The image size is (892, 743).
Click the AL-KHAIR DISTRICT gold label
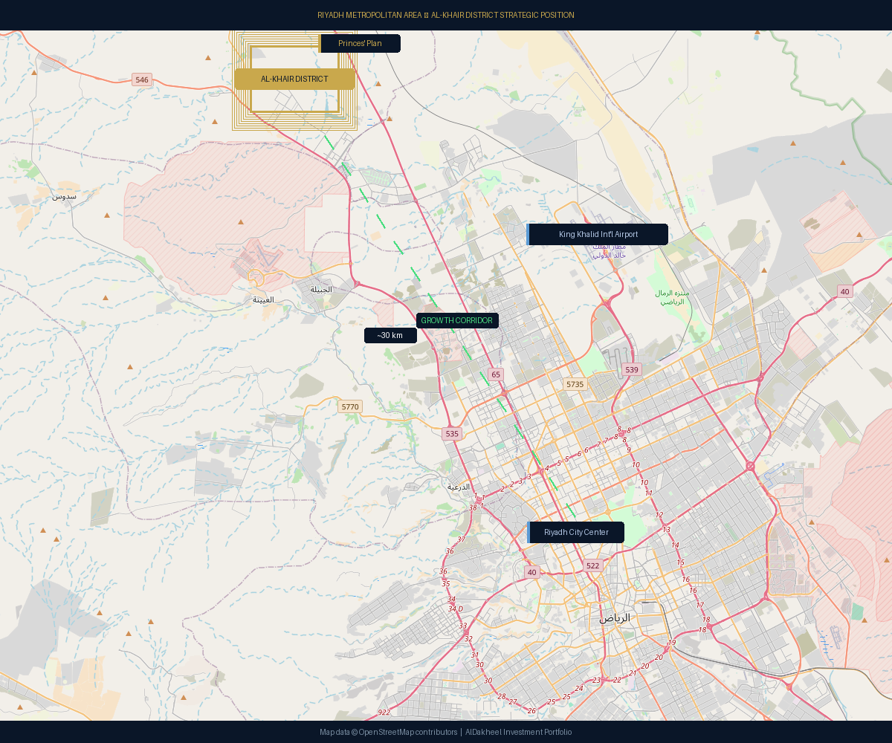point(294,79)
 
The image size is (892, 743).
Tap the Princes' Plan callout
point(361,43)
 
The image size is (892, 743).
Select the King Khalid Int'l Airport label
point(598,234)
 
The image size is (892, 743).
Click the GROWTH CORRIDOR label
point(456,320)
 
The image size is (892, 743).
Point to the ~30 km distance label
point(390,335)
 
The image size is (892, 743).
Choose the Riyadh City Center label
point(576,532)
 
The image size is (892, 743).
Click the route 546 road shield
point(142,80)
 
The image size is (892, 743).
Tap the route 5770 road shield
point(349,406)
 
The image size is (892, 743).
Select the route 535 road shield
point(452,433)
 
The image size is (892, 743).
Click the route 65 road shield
point(496,374)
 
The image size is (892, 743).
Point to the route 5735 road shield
point(575,384)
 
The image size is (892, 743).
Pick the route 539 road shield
point(632,369)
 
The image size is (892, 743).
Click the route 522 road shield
point(592,565)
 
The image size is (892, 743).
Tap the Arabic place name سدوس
point(64,196)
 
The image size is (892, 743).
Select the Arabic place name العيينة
point(263,299)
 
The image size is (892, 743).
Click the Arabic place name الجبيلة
point(321,289)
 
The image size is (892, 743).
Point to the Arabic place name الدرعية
point(459,487)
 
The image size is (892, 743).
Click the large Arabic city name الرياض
point(615,617)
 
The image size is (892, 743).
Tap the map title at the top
point(446,15)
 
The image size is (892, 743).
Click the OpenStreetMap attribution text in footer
point(389,732)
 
